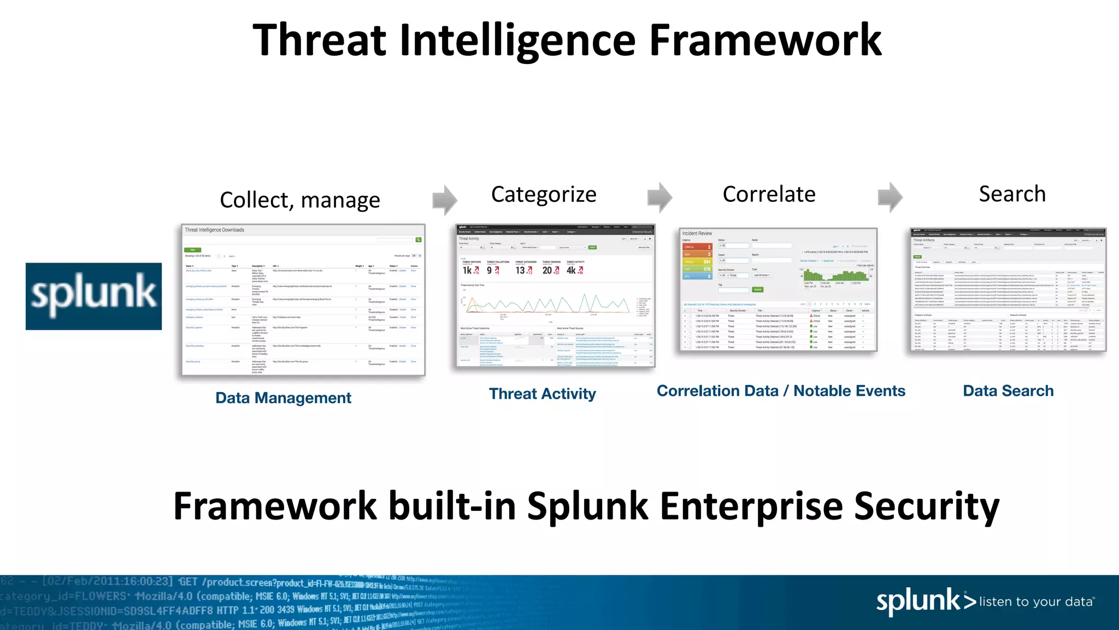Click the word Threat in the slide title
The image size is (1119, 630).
tap(320, 40)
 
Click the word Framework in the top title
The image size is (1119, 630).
tap(765, 40)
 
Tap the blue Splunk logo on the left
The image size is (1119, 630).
tap(93, 296)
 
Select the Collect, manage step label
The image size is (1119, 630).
tap(299, 200)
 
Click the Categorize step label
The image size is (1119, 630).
tap(543, 195)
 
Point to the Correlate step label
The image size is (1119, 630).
tap(769, 195)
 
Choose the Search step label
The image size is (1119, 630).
tap(1012, 194)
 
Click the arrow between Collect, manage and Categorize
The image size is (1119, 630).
tap(445, 200)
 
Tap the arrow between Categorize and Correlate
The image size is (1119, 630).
tap(659, 197)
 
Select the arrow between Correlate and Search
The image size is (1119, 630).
tap(890, 197)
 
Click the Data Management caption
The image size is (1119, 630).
tap(283, 398)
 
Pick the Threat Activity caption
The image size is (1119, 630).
tap(542, 394)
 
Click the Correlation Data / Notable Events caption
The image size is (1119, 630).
tap(781, 391)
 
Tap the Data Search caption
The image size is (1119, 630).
tap(1008, 391)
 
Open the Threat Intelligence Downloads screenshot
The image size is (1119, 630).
tap(303, 300)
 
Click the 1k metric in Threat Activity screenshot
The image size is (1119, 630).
tap(468, 270)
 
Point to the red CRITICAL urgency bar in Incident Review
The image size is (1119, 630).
tap(697, 247)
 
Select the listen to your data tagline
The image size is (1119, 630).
tap(1036, 602)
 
